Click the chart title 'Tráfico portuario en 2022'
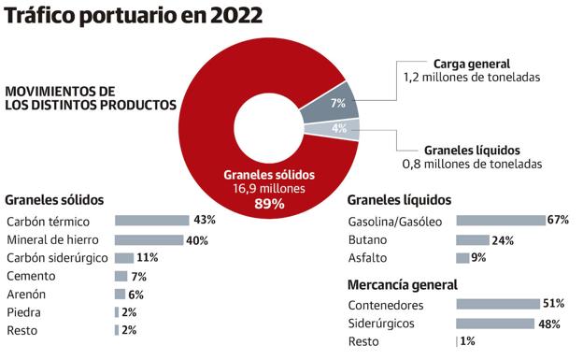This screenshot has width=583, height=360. click(132, 17)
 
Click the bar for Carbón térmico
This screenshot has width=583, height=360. click(151, 221)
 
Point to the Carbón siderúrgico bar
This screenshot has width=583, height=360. click(123, 257)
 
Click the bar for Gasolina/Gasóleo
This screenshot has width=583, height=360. click(500, 221)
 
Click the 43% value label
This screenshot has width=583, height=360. click(204, 221)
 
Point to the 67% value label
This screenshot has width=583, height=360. click(559, 221)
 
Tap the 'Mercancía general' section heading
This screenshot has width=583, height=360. click(402, 284)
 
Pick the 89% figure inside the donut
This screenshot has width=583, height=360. click(268, 204)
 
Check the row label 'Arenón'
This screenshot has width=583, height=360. click(27, 294)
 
